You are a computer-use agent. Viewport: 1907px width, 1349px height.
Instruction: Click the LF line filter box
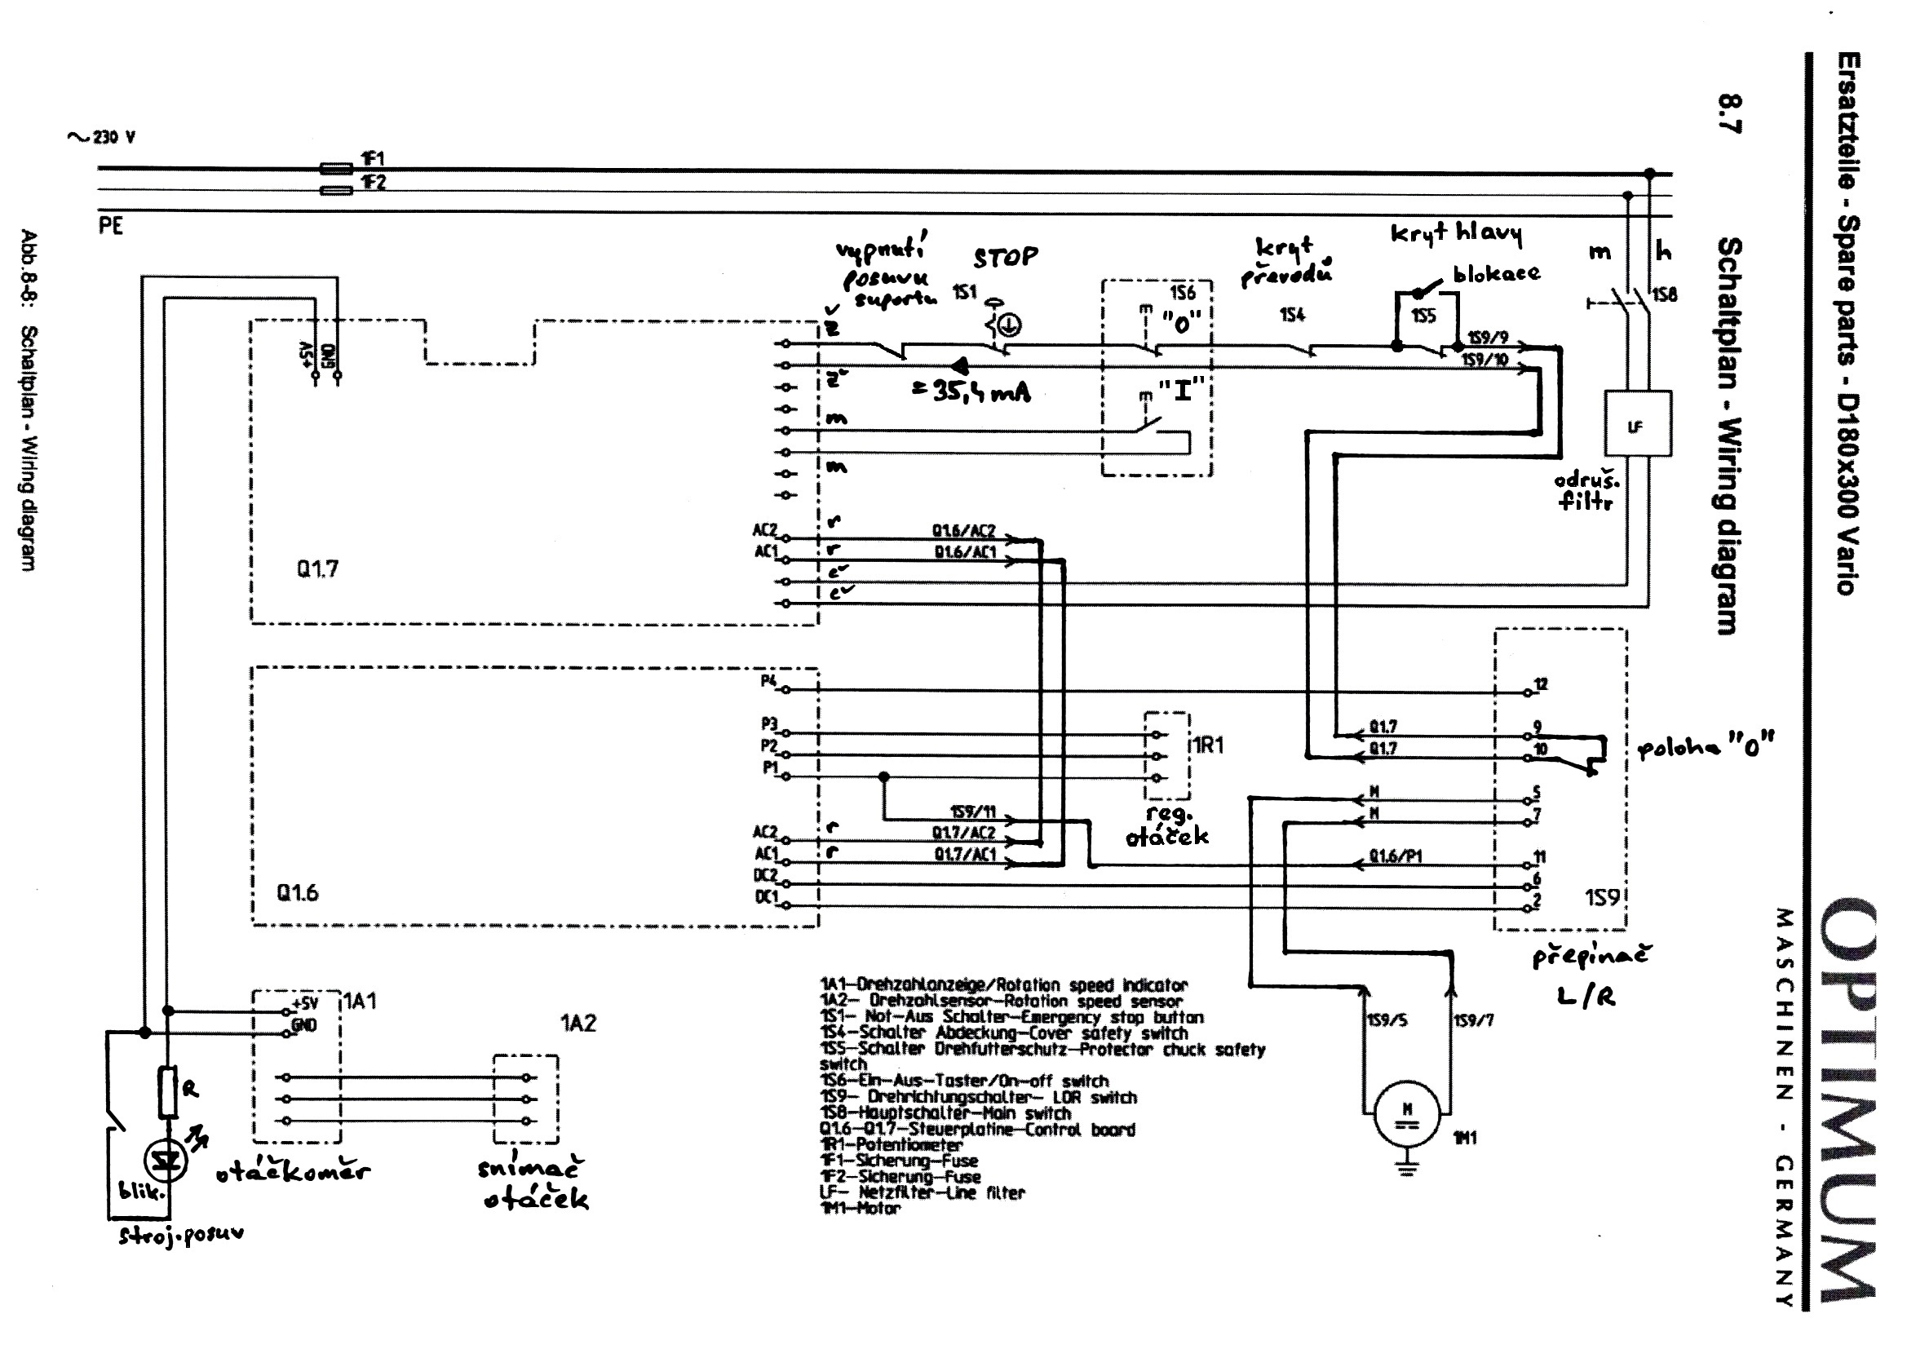click(x=1636, y=423)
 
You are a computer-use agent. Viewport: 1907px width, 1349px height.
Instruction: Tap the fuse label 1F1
click(x=373, y=159)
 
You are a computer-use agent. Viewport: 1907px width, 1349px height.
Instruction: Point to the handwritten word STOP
click(x=1005, y=258)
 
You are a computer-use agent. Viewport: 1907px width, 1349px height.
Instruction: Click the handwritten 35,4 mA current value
click(x=971, y=391)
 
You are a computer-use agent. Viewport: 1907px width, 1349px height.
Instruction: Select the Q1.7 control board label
click(x=317, y=569)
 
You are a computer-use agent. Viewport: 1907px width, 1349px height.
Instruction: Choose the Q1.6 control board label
click(x=298, y=893)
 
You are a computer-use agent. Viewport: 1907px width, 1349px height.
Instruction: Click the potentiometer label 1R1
click(x=1208, y=745)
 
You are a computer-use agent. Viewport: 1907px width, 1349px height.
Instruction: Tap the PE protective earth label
click(x=110, y=226)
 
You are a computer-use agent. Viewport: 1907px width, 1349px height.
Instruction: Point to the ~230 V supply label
click(x=101, y=137)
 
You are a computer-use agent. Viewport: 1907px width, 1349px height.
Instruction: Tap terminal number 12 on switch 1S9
click(x=1541, y=684)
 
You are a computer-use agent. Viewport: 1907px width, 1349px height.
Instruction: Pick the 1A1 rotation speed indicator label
click(x=360, y=1001)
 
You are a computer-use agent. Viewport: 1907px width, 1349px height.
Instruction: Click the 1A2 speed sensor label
click(x=578, y=1024)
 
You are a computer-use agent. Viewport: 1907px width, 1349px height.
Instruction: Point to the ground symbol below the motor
click(x=1405, y=1171)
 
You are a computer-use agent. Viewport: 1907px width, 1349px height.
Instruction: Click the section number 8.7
click(x=1730, y=114)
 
